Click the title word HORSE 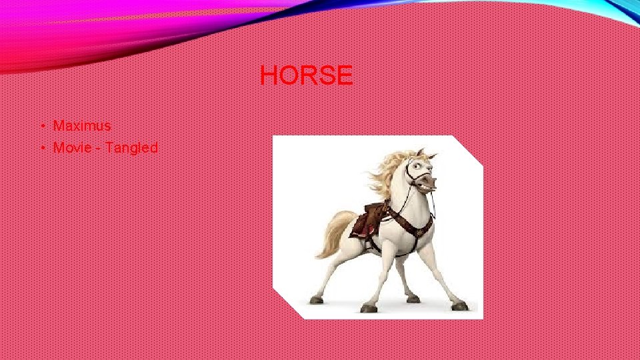click(306, 75)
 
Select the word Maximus click(82, 125)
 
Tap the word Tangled click(131, 147)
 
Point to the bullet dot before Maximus click(42, 126)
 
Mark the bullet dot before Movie click(42, 148)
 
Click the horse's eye click(418, 164)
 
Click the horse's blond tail click(335, 233)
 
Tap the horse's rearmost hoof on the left click(316, 300)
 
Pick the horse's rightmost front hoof click(459, 306)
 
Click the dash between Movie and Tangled click(99, 148)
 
